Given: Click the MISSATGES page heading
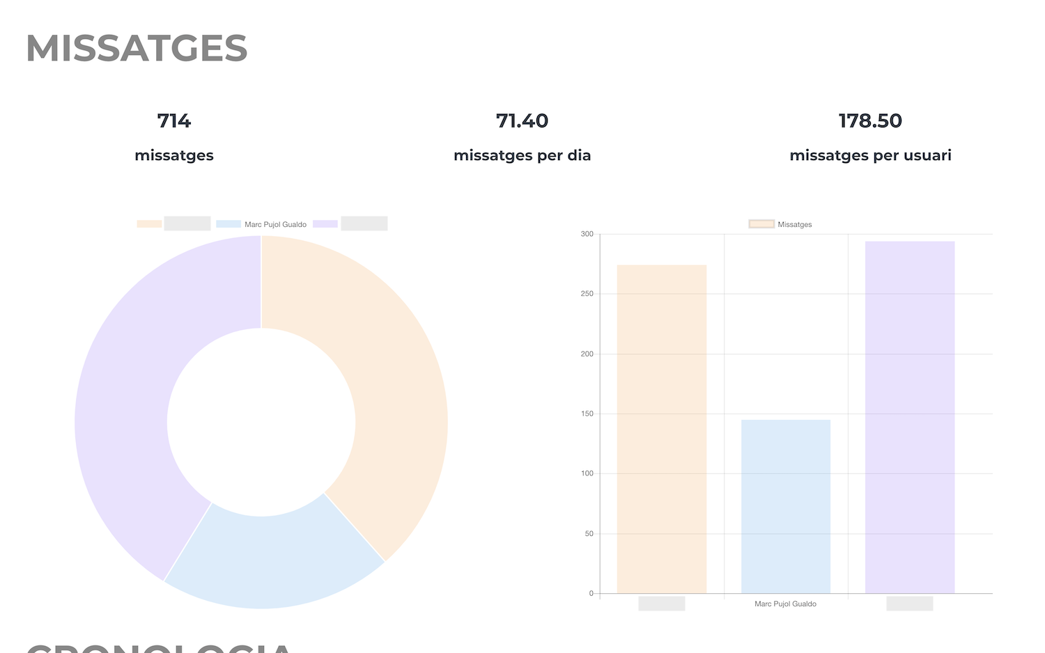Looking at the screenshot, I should [137, 49].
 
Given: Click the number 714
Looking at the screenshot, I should [174, 121].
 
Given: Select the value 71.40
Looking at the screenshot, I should [522, 121].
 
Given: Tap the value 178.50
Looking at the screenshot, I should [870, 121].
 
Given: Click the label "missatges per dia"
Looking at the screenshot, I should [522, 155].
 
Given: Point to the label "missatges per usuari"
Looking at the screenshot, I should [870, 155].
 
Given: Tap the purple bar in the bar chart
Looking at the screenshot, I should [909, 418].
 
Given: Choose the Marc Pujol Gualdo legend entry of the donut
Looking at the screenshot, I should [275, 224].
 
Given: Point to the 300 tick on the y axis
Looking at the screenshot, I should [587, 234].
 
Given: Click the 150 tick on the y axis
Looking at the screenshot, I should [587, 414].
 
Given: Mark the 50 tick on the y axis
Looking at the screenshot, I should [589, 533].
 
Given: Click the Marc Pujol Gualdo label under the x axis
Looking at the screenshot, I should [785, 604].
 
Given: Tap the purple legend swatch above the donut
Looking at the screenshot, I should [325, 224].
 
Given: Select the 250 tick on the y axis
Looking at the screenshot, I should [587, 294].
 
